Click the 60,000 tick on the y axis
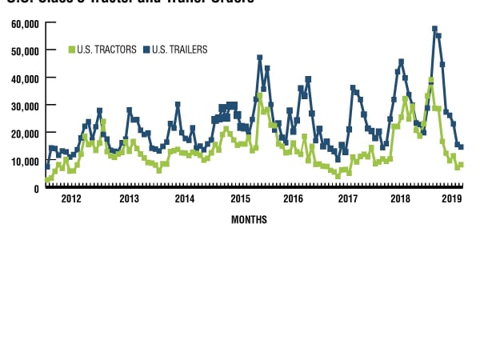[x=25, y=23]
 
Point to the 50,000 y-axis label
[x=25, y=51]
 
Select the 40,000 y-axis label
[x=25, y=78]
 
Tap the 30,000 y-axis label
[x=25, y=106]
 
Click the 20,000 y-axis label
[x=25, y=134]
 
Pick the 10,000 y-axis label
[x=25, y=161]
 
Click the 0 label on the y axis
[x=36, y=188]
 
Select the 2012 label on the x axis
[x=71, y=198]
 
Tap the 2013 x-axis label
[x=128, y=198]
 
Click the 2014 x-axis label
[x=184, y=198]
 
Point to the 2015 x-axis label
[x=240, y=198]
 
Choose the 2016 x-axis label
[x=294, y=198]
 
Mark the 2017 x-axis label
[x=348, y=198]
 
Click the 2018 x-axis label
[x=400, y=198]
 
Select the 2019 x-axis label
[x=452, y=198]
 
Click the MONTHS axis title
[x=249, y=219]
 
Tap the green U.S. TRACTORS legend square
[x=72, y=50]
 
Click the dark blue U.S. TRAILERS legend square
[x=146, y=50]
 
